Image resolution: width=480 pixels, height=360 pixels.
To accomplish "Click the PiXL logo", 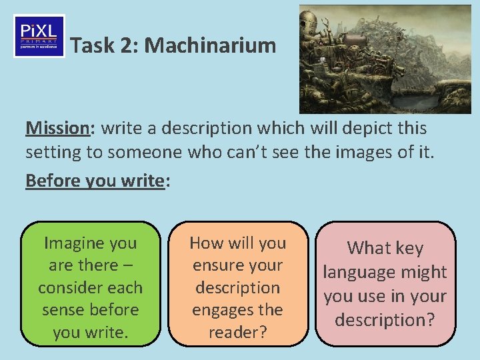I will coord(39,36).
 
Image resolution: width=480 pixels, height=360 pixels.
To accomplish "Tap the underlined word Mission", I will coord(56,127).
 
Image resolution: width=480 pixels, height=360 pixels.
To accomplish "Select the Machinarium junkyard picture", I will coord(385,59).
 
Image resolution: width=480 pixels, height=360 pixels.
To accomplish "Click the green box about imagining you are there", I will coord(91,283).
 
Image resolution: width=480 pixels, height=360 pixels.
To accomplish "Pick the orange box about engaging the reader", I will coord(237,283).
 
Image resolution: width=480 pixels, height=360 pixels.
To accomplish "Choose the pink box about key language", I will coord(385,283).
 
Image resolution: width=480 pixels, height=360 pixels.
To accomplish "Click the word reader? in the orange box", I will coord(237,332).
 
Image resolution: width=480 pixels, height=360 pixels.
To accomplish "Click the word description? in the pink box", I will coord(385,320).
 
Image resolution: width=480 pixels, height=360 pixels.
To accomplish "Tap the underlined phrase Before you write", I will coord(95,180).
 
